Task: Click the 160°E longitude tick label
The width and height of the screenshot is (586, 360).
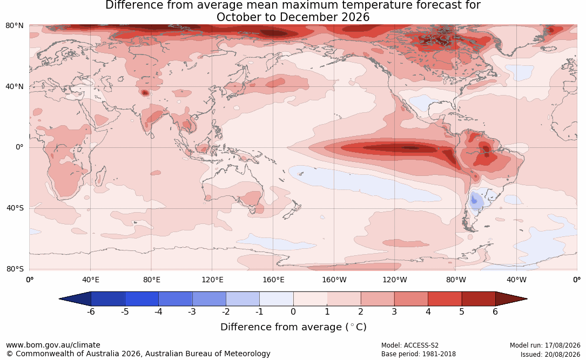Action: click(x=273, y=280)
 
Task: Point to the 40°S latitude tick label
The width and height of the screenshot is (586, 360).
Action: click(x=15, y=208)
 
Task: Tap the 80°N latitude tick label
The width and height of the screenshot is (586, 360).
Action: click(x=15, y=26)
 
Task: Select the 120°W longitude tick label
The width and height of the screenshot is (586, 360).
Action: click(x=395, y=280)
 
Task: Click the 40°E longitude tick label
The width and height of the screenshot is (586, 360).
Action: click(x=90, y=280)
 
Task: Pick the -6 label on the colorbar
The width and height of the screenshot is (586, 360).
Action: click(x=91, y=311)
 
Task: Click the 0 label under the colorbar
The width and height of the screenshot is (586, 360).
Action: click(x=293, y=311)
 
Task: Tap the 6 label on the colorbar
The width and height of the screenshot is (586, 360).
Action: click(x=495, y=311)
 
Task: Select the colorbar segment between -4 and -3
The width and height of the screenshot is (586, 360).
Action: click(x=176, y=299)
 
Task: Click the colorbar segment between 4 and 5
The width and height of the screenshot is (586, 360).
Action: click(x=444, y=299)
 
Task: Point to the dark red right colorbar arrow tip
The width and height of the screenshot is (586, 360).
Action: click(x=527, y=299)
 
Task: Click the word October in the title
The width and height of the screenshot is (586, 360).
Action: click(x=239, y=17)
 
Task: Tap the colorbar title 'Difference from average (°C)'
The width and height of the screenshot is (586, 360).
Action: click(x=293, y=327)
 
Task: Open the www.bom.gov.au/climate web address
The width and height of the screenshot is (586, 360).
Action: click(x=53, y=345)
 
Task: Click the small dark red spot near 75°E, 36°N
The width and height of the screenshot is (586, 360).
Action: click(x=145, y=92)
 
